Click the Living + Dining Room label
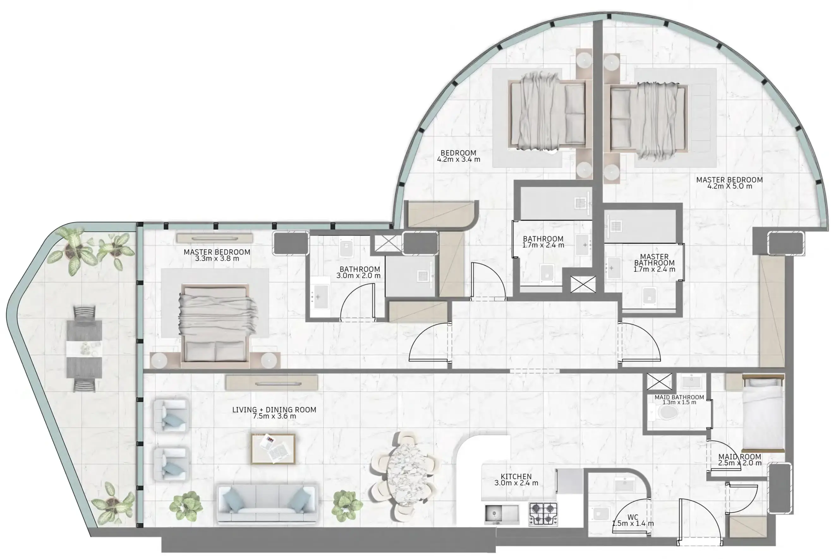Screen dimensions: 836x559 (x=274, y=410)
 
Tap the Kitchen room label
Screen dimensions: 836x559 (x=516, y=476)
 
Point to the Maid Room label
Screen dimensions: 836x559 (x=740, y=456)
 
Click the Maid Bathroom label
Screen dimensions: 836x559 (x=679, y=397)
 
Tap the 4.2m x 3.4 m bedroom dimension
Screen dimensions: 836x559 (x=459, y=159)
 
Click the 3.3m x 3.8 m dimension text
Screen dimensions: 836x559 (x=217, y=258)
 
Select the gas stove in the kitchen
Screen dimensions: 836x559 (x=543, y=514)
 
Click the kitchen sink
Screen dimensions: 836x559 (x=502, y=514)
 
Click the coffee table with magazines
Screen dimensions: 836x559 (x=273, y=448)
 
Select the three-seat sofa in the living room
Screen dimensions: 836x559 (x=266, y=504)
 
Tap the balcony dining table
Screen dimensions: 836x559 (x=84, y=349)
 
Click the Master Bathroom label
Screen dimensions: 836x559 (x=654, y=260)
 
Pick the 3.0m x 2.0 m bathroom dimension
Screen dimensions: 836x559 (x=358, y=276)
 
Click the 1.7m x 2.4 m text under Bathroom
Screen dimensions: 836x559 (x=543, y=245)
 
